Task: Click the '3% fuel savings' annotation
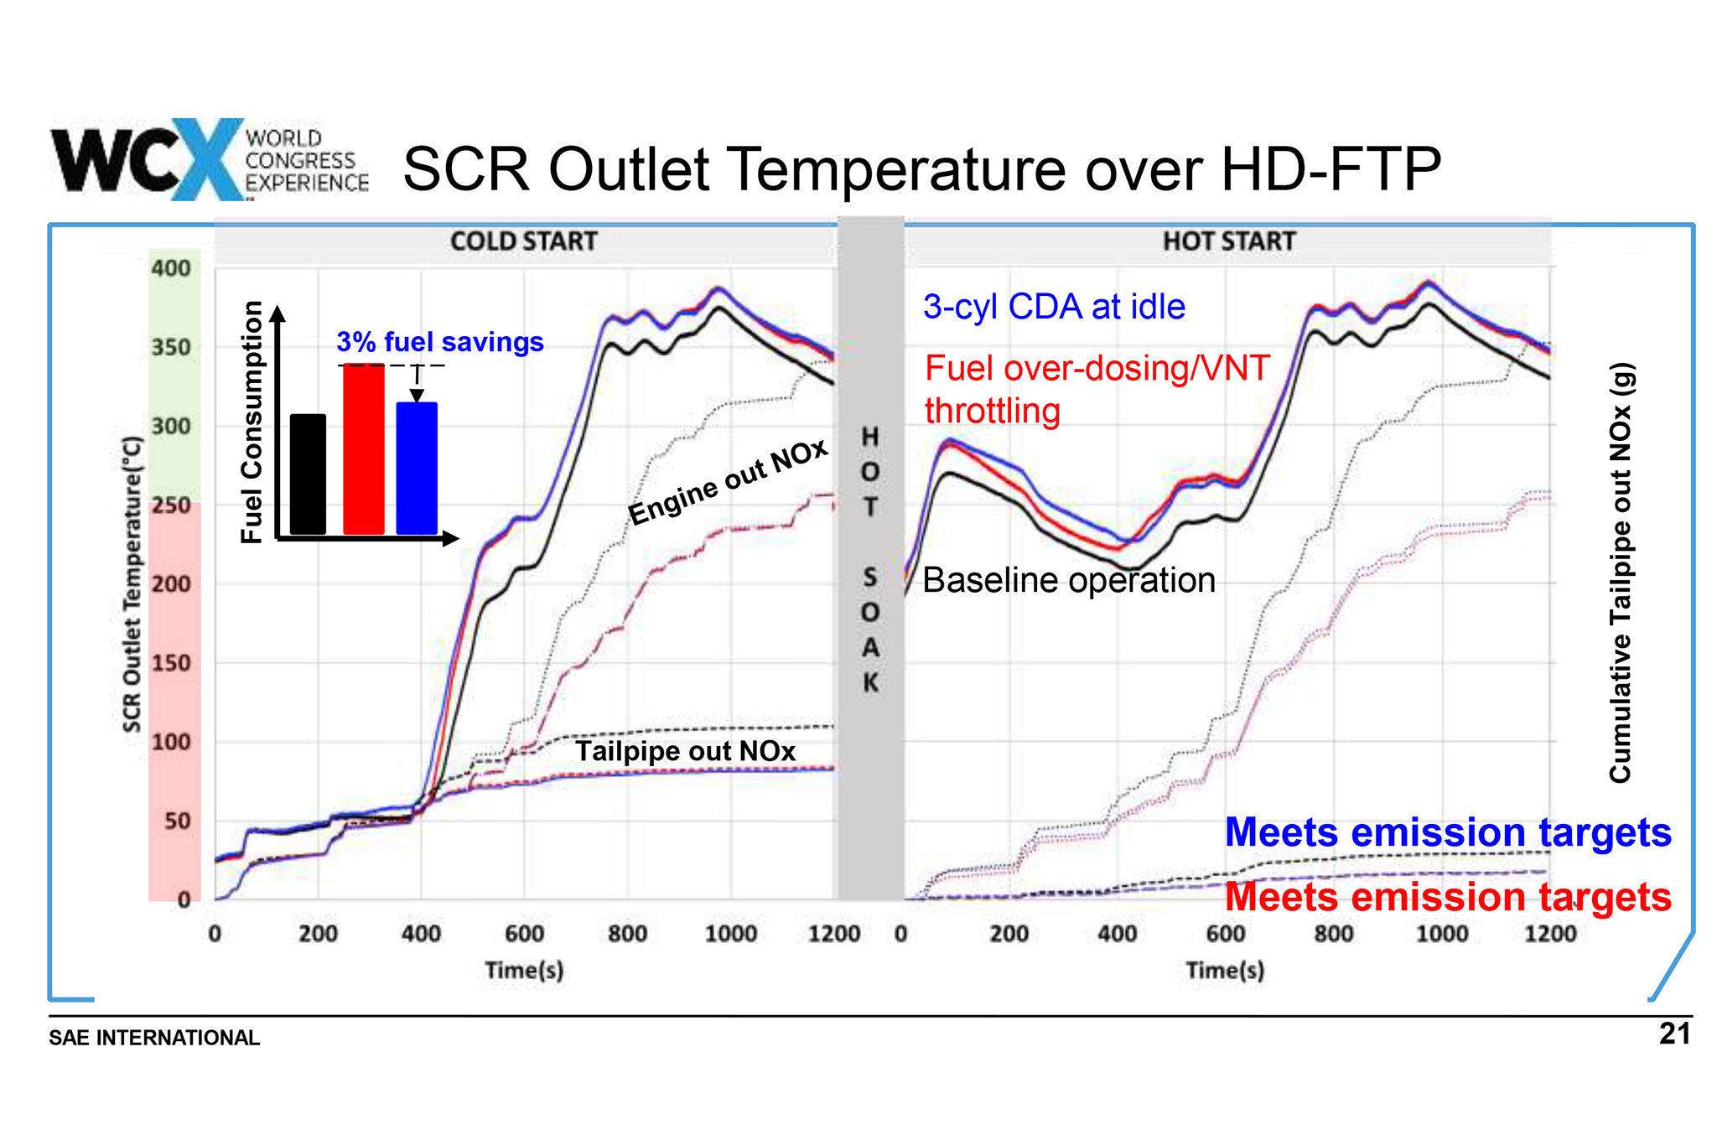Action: (x=440, y=342)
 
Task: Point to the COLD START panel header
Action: (x=524, y=241)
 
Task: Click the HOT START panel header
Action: (x=1229, y=241)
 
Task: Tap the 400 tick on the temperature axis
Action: (x=171, y=268)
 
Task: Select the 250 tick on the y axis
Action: (x=171, y=505)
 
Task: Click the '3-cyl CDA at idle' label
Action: (x=1054, y=307)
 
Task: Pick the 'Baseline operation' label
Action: (x=1069, y=580)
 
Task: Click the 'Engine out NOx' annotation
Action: (x=728, y=482)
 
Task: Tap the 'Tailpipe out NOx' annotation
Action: (x=685, y=751)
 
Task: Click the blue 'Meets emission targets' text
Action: (x=1448, y=832)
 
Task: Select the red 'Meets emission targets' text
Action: (x=1448, y=897)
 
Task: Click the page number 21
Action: (x=1674, y=1034)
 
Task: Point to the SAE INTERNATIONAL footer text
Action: (x=154, y=1038)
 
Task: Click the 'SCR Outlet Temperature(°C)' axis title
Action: (x=132, y=584)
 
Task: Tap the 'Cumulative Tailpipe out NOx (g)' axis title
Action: (x=1621, y=573)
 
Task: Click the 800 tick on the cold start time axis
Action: (x=627, y=934)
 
